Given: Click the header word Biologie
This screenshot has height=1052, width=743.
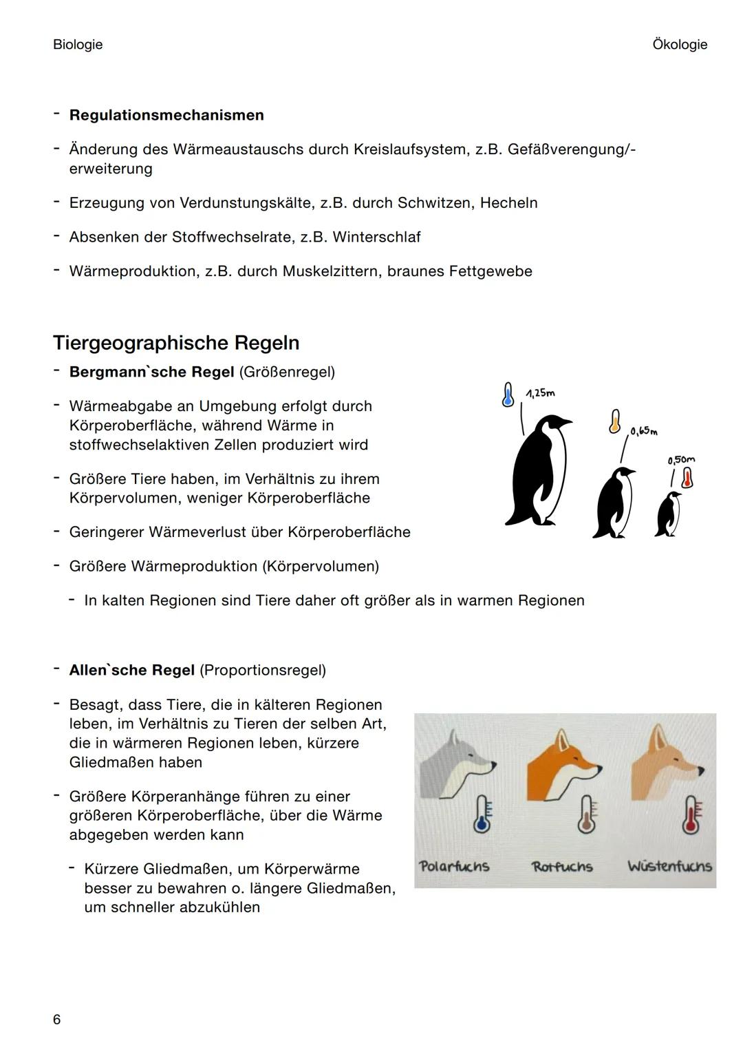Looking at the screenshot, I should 78,45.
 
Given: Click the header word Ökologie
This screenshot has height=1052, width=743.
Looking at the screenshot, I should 679,45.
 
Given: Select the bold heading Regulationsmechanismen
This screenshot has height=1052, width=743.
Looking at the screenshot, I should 166,115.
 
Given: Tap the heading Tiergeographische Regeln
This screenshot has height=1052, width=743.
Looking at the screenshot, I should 176,343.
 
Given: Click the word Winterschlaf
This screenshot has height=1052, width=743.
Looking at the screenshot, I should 376,237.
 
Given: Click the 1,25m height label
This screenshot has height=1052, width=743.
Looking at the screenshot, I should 540,393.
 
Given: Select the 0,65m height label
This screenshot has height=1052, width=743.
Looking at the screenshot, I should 643,432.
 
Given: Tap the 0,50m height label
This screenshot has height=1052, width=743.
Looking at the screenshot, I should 681,459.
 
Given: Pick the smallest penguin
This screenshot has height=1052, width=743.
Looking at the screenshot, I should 667,514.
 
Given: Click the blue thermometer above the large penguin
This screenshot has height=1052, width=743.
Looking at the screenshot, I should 508,394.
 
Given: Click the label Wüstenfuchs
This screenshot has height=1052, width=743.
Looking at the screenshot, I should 669,866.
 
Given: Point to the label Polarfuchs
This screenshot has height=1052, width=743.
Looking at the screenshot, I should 454,866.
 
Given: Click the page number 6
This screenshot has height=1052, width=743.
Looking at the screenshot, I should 57,1019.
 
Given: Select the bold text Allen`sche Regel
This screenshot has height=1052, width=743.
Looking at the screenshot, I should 132,670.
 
